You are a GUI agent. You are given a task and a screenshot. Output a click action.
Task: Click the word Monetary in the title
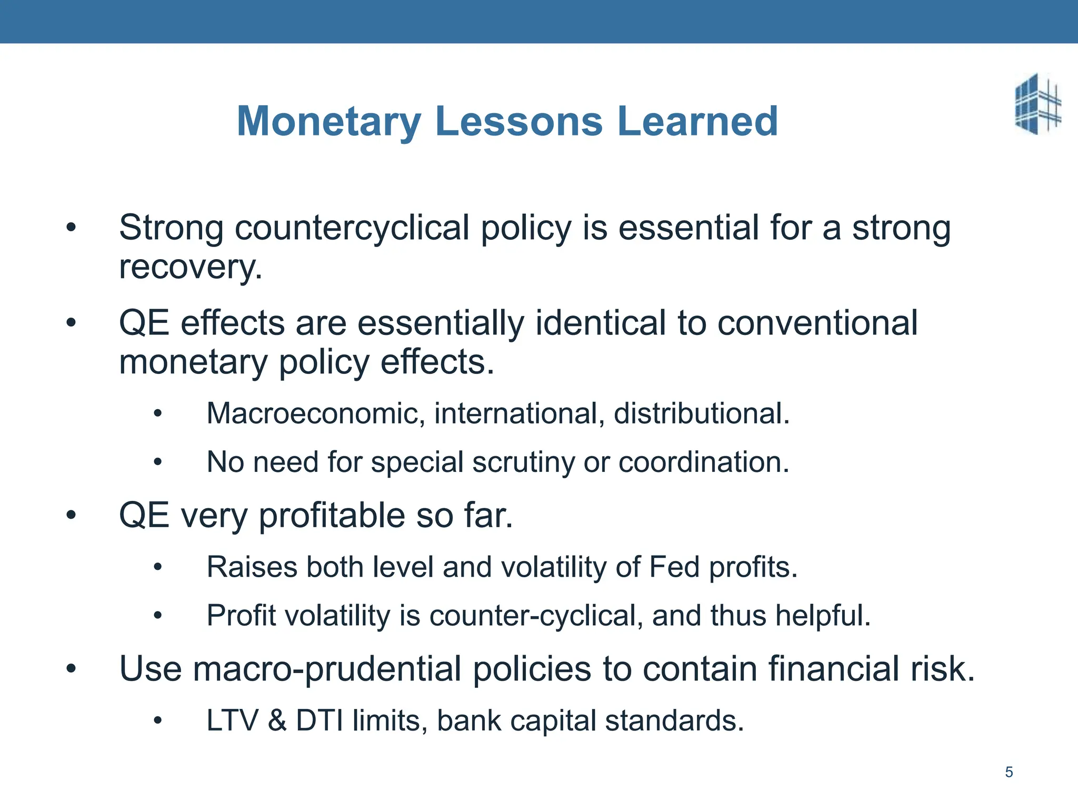click(329, 122)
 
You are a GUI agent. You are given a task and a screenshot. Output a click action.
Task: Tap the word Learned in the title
click(697, 121)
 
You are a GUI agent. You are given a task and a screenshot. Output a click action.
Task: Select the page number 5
click(1009, 772)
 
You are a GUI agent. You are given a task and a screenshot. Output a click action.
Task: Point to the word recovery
click(191, 268)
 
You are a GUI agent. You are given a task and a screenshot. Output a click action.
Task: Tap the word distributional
click(702, 413)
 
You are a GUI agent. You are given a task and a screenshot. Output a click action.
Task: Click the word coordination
click(704, 462)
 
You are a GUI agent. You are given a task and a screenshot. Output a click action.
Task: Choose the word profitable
click(332, 515)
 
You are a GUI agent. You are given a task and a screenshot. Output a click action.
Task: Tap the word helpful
click(823, 616)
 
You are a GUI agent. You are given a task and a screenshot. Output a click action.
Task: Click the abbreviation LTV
click(232, 721)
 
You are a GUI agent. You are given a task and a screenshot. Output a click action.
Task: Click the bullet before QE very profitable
click(71, 515)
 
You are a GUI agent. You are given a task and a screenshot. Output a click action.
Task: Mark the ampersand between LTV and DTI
click(277, 721)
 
